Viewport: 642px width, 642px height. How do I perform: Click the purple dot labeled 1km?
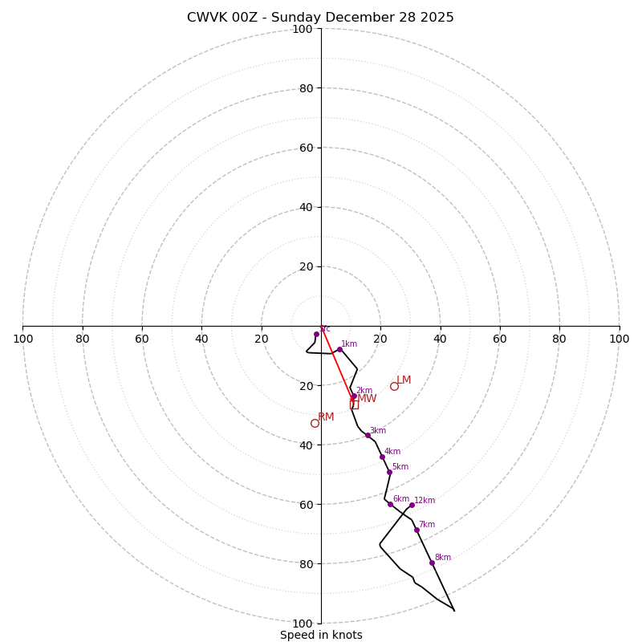point(339,349)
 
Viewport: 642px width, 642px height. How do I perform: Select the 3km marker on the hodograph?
point(368,435)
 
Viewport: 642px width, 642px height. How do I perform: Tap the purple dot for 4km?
point(382,457)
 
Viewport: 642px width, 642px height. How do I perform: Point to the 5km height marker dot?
point(389,472)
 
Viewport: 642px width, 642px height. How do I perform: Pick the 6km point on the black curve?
point(390,504)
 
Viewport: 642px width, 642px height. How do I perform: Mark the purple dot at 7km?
point(416,530)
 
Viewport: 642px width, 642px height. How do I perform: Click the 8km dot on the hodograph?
point(432,563)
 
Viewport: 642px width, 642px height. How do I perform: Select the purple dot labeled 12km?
point(412,505)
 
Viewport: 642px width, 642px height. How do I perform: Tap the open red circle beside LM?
point(394,386)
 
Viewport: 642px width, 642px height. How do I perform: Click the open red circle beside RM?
point(315,423)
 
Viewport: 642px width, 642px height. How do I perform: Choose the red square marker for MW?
point(354,404)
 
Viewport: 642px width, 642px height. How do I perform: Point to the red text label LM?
point(404,380)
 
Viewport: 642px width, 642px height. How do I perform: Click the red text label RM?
point(326,417)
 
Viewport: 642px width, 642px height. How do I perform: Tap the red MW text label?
point(367,399)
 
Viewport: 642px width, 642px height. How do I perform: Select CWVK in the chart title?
point(205,18)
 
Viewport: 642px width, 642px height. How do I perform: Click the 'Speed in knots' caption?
point(321,635)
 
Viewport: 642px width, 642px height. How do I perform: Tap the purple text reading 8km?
point(442,557)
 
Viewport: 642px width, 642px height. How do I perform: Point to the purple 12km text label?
point(425,500)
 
